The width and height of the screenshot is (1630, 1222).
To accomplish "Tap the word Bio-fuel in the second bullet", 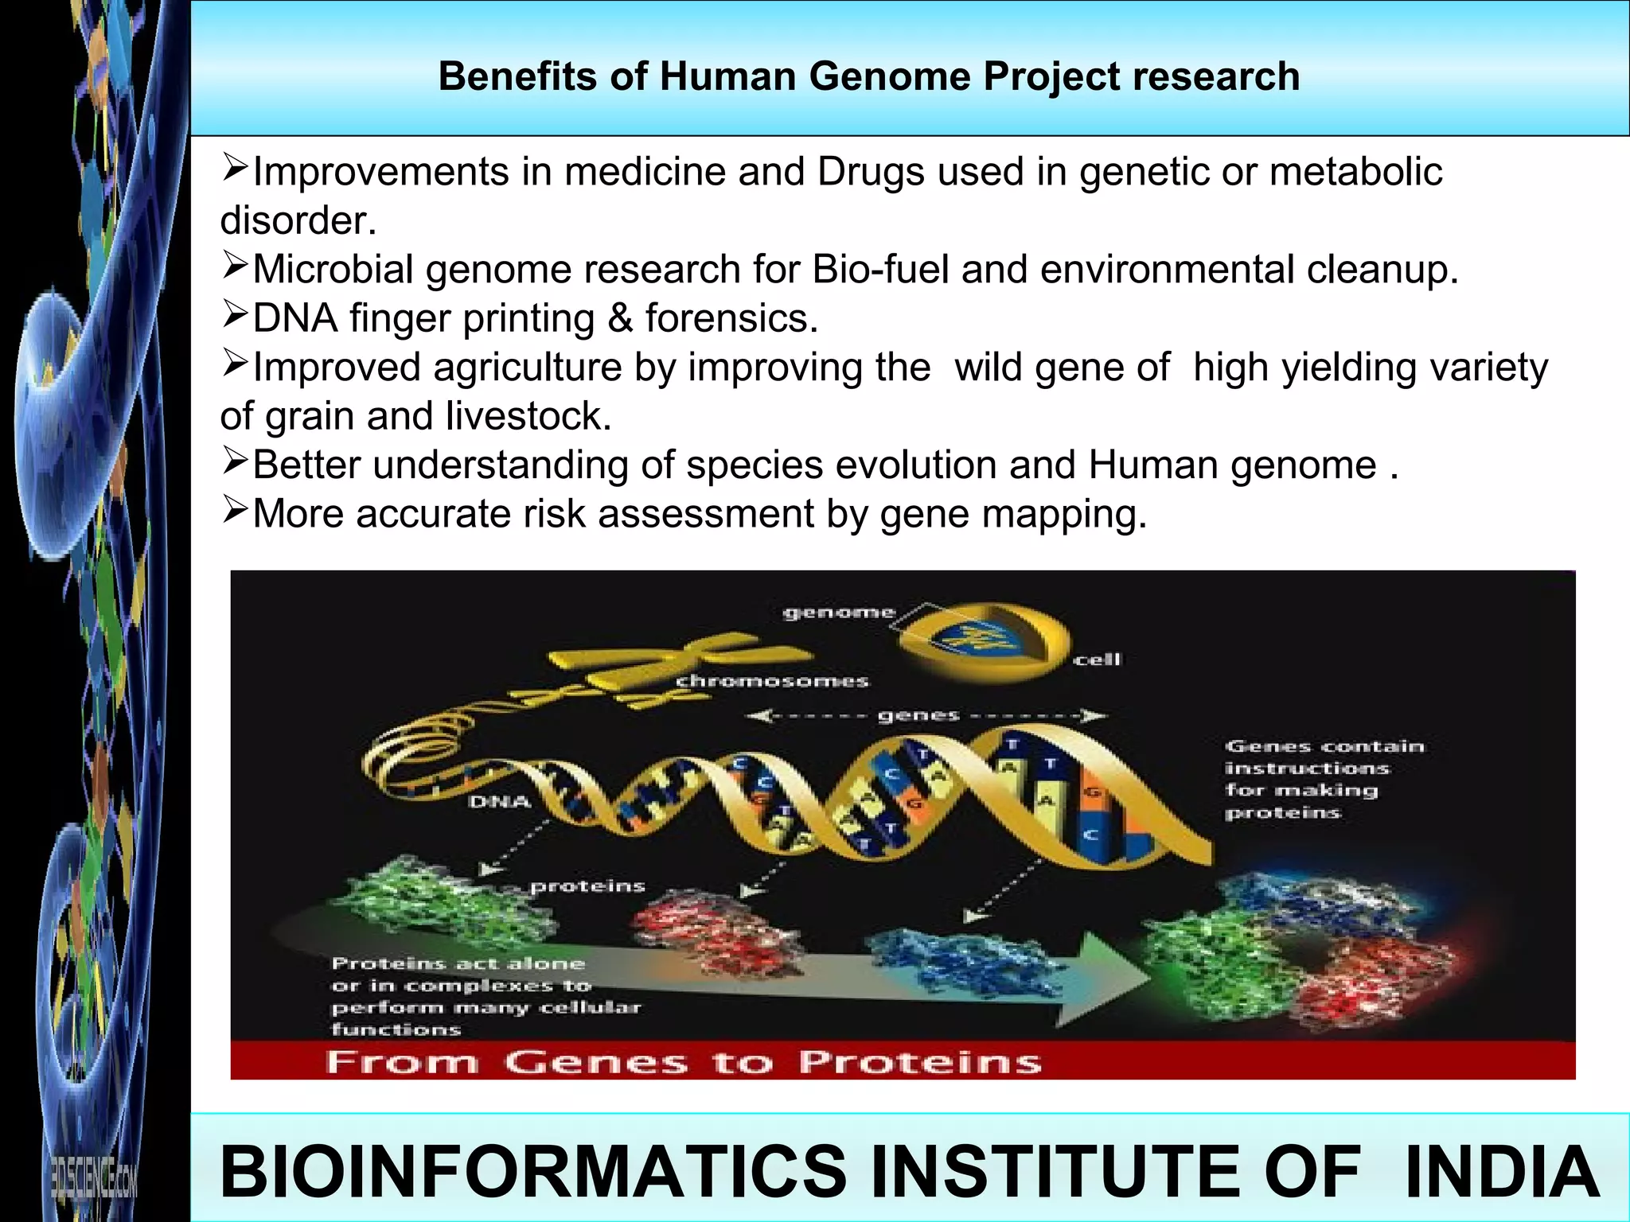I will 880,269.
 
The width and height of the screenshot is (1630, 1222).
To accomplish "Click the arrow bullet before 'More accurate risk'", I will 236,510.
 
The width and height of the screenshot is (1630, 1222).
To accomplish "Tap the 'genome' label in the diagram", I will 839,613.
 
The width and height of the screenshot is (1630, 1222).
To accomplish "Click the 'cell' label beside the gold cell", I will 1097,659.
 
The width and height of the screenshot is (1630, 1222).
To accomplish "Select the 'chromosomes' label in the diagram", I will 772,681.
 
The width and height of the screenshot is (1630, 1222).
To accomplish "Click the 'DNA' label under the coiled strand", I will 500,802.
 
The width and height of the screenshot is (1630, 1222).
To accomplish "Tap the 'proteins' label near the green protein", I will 587,886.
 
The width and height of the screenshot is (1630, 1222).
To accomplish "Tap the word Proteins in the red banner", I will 919,1062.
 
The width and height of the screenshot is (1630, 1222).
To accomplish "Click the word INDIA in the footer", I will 1501,1171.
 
